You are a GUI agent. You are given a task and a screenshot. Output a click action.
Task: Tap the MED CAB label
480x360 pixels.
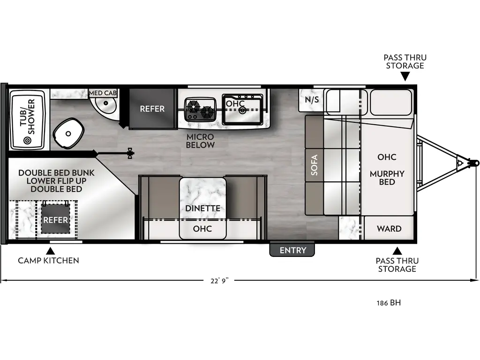coord(103,93)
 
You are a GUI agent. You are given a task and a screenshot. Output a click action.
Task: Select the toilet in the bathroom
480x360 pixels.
coord(68,133)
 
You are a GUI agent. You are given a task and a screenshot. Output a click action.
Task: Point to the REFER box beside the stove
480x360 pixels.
coord(152,109)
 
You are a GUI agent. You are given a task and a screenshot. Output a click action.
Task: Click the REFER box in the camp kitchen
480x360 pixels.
coord(56,220)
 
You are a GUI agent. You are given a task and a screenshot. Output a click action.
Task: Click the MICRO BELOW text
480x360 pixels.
coord(200,141)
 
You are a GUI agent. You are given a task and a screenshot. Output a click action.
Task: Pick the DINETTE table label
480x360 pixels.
coord(202,208)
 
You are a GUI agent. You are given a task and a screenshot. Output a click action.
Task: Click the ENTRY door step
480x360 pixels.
coord(292,250)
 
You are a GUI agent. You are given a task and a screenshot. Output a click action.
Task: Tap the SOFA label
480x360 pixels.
coord(314,165)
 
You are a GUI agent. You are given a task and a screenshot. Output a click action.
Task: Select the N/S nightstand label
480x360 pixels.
coord(312,100)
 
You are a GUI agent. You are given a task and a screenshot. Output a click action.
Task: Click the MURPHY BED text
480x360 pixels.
coord(387,178)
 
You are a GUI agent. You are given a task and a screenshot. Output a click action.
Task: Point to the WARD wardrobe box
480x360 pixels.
coord(389,229)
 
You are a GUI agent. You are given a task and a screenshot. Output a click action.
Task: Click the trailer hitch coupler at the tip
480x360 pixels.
coord(474,163)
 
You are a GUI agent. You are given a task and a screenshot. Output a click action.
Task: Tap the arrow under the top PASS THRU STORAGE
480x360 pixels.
coord(405,77)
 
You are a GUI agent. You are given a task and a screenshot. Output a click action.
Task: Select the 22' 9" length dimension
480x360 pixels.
coord(220,280)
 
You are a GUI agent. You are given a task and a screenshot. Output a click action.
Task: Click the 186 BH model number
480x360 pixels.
coord(389,303)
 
